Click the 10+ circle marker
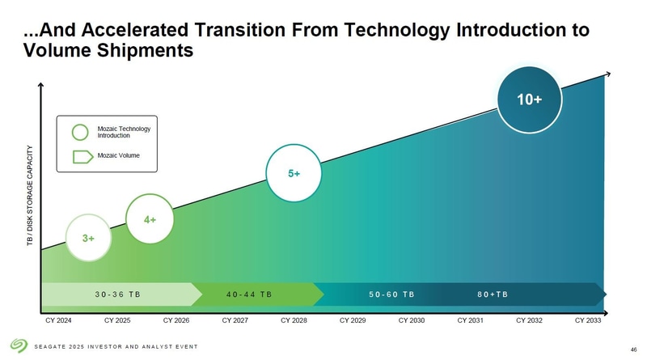530,100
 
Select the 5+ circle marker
295,174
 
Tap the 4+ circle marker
150,219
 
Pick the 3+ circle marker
89,239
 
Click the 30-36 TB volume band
118,294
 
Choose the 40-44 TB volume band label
248,294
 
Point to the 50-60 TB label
391,294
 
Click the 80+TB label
492,294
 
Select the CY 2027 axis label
235,321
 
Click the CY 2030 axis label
412,321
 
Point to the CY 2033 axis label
588,321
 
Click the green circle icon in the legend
81,132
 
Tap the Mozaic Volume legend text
118,155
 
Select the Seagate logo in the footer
19,345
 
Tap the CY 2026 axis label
175,321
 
